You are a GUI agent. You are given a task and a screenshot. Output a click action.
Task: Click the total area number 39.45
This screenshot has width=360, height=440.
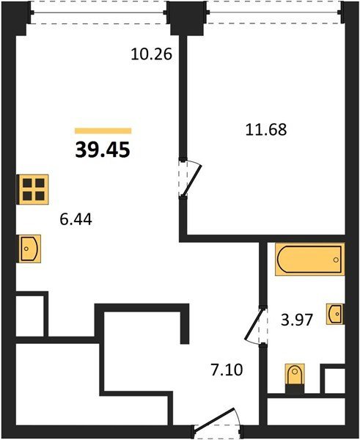click(x=103, y=150)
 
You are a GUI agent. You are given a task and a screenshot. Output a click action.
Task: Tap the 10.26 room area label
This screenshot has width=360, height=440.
click(x=151, y=54)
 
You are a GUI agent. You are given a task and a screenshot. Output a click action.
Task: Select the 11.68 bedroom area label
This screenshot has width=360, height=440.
click(x=266, y=130)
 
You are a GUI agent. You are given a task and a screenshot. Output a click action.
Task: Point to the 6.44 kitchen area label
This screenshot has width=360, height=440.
click(x=76, y=219)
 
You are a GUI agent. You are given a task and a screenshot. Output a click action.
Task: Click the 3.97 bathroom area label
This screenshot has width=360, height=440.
click(x=297, y=320)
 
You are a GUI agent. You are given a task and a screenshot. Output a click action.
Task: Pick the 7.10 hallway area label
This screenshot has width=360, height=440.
click(x=227, y=370)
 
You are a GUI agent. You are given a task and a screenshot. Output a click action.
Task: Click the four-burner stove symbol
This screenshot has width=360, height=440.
click(x=33, y=189)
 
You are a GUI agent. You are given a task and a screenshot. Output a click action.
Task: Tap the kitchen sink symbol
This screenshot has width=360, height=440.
click(x=29, y=249)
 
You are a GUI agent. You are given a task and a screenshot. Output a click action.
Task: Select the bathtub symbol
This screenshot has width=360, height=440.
click(x=309, y=260)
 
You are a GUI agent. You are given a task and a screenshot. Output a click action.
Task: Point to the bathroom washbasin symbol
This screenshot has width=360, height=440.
click(x=335, y=314)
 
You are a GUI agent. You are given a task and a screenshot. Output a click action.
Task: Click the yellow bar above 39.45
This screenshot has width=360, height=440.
click(x=103, y=131)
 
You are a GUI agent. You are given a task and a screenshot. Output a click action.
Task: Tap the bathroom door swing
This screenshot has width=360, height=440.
click(x=254, y=326)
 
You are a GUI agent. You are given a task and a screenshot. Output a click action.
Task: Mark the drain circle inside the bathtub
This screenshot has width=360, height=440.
click(x=336, y=260)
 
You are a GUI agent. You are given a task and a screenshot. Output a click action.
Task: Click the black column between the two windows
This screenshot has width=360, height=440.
click(x=187, y=18)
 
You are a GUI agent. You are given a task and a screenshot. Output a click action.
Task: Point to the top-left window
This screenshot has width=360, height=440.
click(x=98, y=12)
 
